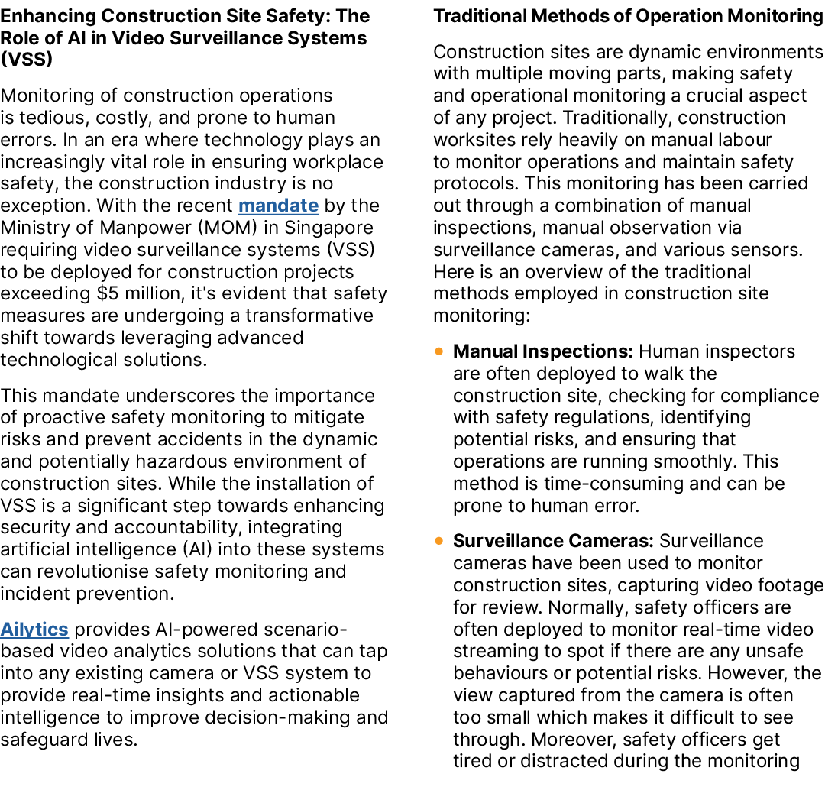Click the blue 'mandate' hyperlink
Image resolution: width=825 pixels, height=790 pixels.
point(278,206)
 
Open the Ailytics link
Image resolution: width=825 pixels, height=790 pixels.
point(34,630)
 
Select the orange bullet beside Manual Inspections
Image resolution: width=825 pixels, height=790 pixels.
point(439,351)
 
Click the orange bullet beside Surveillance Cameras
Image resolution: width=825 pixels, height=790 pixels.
point(439,541)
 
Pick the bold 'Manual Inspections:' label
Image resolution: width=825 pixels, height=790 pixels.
point(543,351)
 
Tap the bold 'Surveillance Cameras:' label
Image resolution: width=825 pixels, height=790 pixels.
point(554,541)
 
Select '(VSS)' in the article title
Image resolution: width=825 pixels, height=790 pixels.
point(26,60)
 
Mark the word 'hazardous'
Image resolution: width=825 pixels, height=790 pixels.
point(182,461)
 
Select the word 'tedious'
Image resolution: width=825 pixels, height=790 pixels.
point(52,118)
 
